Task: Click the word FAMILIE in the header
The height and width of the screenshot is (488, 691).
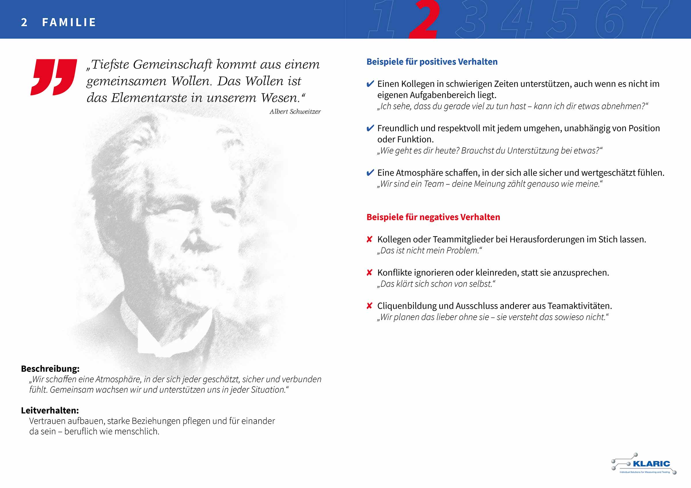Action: pyautogui.click(x=69, y=22)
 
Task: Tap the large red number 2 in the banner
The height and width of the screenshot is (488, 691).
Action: pyautogui.click(x=425, y=20)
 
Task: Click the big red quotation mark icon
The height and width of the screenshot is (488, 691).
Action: pyautogui.click(x=54, y=77)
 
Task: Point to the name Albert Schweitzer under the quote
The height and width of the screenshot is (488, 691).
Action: pyautogui.click(x=295, y=112)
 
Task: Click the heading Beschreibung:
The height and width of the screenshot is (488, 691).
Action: pyautogui.click(x=50, y=369)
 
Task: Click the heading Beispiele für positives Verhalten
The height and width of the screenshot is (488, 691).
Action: pyautogui.click(x=432, y=62)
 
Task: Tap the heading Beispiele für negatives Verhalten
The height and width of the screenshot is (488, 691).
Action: pyautogui.click(x=433, y=217)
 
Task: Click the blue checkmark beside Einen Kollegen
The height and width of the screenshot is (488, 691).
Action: pyautogui.click(x=370, y=84)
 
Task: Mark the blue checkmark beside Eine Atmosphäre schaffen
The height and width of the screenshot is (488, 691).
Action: pyautogui.click(x=370, y=173)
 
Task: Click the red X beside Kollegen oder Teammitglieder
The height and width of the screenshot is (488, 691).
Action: pyautogui.click(x=370, y=239)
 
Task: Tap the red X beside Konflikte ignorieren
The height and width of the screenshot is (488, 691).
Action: pyautogui.click(x=370, y=273)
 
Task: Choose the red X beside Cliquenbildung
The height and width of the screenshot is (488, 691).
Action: pyautogui.click(x=370, y=306)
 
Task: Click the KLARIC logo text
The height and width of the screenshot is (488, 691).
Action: pyautogui.click(x=651, y=464)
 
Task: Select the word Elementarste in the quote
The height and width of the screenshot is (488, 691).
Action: pyautogui.click(x=149, y=98)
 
